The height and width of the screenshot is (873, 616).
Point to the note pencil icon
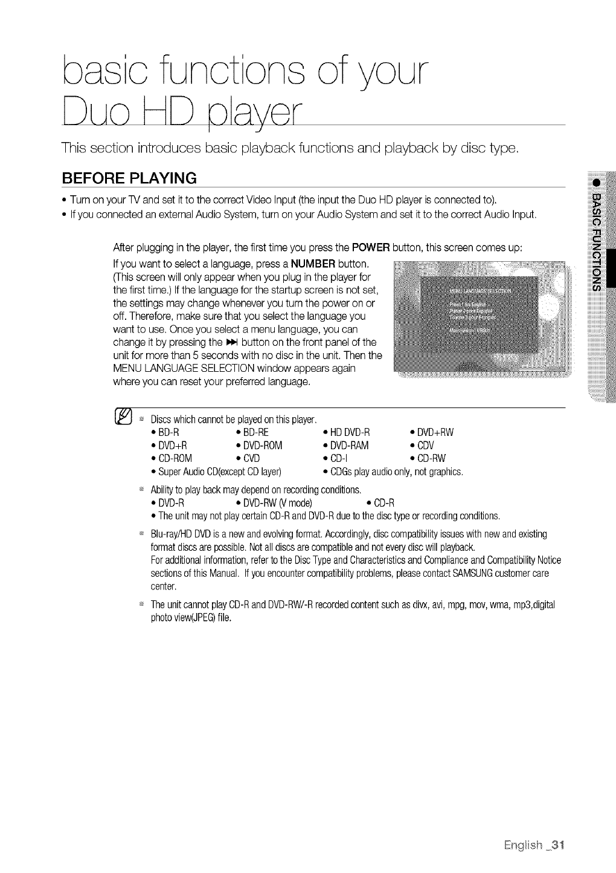coord(123,418)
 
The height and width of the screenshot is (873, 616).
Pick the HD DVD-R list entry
coord(349,433)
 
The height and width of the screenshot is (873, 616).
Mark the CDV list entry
coord(427,446)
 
